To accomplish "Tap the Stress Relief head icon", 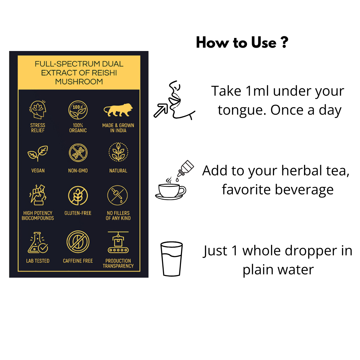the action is [x=38, y=110].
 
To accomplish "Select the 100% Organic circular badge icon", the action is [x=78, y=110].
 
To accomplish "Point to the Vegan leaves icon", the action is [x=38, y=153].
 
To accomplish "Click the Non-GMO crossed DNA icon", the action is [x=78, y=153].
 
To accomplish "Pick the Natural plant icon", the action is [x=118, y=152].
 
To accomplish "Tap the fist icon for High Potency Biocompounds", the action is [x=38, y=195].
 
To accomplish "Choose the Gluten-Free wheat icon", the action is [x=78, y=196].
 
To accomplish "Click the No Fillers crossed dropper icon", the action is [x=118, y=195].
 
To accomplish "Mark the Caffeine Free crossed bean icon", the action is [x=78, y=242].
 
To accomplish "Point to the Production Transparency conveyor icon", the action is [x=118, y=242].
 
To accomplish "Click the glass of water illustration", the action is [x=172, y=259].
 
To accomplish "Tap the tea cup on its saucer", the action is [x=170, y=192].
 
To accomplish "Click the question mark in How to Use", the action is [x=284, y=42].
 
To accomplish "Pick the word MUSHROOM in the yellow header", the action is [x=79, y=82].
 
